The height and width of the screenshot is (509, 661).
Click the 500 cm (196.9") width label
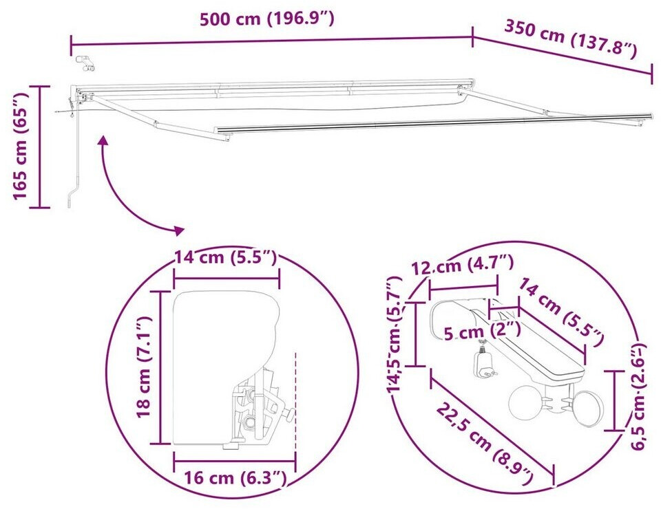click(x=267, y=19)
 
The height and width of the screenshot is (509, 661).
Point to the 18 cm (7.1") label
click(x=144, y=367)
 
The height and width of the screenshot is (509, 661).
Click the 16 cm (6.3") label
click(x=235, y=478)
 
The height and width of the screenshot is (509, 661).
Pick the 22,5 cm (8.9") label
click(x=485, y=444)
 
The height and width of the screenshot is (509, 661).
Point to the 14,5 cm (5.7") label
click(x=395, y=335)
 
